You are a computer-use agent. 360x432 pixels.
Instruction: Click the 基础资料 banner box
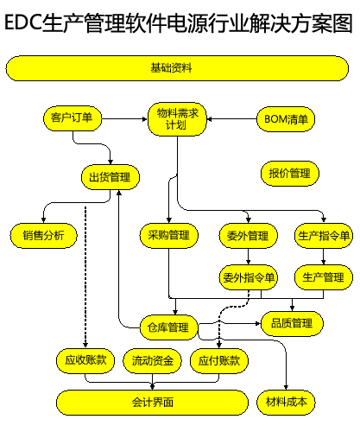177,68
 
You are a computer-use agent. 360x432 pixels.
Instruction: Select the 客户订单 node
73,118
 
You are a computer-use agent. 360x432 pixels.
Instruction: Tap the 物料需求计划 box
177,119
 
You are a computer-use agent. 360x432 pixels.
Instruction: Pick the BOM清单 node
286,119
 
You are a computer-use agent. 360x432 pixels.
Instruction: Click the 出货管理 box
111,177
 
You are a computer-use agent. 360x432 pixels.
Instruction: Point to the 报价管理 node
290,174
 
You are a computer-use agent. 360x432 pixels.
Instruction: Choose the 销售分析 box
44,236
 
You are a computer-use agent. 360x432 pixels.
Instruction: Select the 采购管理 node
169,236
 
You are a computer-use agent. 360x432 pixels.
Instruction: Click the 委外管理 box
249,236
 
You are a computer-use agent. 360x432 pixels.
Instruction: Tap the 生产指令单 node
324,236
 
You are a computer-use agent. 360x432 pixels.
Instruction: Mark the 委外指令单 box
249,277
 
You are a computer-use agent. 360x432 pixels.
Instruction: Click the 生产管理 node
324,277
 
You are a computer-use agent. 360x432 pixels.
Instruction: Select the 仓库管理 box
169,327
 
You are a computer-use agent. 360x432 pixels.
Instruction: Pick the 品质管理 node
292,323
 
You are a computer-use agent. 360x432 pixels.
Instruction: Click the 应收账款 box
85,361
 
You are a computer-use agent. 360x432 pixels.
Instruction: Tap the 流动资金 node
152,361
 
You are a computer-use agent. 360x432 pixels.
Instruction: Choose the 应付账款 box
219,361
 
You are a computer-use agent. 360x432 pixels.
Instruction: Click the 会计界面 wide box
152,403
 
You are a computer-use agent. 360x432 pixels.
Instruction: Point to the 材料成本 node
286,403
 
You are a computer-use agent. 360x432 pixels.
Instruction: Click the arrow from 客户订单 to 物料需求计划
124,118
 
